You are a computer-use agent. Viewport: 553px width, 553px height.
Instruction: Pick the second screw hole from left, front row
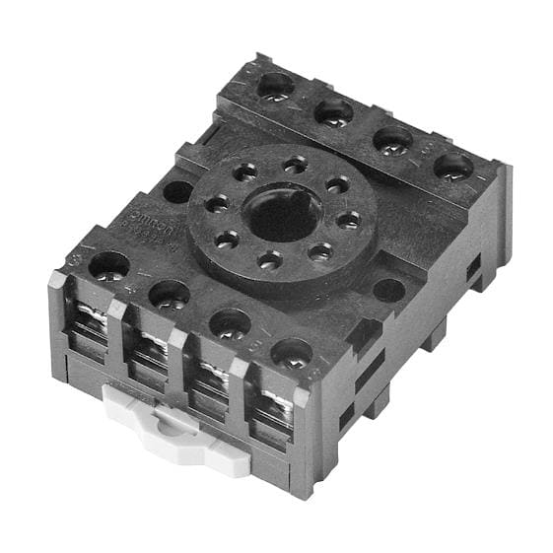[x=170, y=293]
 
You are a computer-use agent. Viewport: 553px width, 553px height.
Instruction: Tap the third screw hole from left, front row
[x=231, y=322]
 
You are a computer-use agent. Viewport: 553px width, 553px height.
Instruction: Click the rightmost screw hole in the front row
[x=293, y=352]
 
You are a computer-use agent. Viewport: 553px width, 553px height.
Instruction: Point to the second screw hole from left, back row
[x=334, y=111]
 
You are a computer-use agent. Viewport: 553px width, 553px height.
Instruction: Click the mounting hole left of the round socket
[x=177, y=191]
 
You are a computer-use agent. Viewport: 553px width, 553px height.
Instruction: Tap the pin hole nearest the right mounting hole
[x=321, y=252]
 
